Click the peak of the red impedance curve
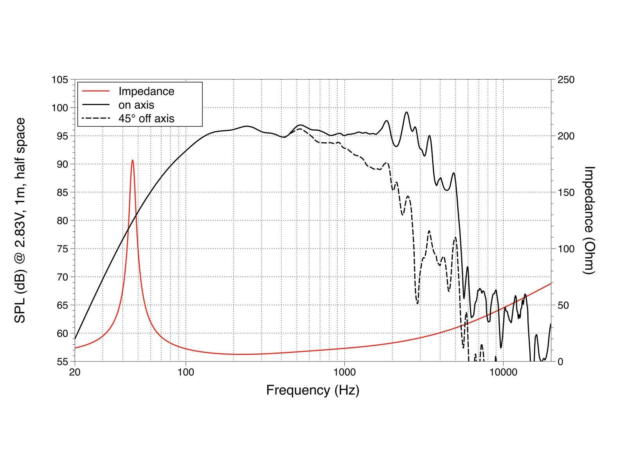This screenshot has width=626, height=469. [133, 160]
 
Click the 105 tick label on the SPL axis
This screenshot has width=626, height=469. [60, 80]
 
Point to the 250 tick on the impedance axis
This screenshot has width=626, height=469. [566, 80]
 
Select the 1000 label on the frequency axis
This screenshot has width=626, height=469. [344, 372]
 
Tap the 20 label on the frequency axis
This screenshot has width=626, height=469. [75, 372]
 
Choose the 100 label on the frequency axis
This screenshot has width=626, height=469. [185, 372]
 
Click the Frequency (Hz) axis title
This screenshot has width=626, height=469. [313, 390]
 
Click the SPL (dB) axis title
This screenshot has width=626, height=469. [20, 220]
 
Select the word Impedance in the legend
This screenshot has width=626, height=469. [146, 91]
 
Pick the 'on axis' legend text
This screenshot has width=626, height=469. [136, 105]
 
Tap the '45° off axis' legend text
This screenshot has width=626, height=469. [146, 118]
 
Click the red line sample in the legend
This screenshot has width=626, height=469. [96, 91]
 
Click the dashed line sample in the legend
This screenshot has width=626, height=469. [96, 118]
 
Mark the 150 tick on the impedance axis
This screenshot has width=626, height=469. [566, 192]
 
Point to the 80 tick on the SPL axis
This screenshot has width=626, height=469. [60, 220]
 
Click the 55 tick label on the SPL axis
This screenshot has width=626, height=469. [60, 362]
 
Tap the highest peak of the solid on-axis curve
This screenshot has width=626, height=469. [407, 112]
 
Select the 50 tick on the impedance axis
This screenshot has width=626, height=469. [563, 305]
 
